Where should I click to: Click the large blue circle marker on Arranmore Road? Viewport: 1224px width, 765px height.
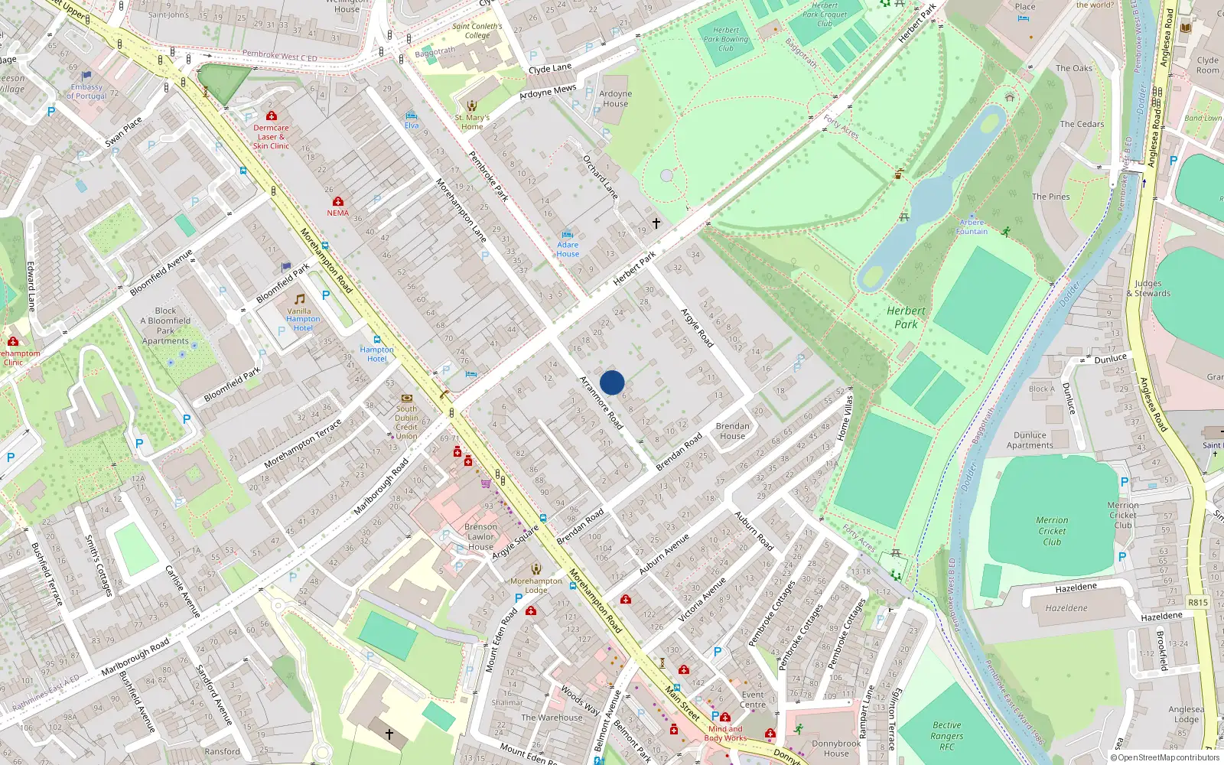[x=612, y=382]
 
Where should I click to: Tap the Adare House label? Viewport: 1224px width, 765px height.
[x=568, y=249]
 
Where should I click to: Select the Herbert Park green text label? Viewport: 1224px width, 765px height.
[x=906, y=317]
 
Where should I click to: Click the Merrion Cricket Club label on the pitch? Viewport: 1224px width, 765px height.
[x=1052, y=531]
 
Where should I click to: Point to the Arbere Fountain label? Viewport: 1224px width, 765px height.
[x=972, y=227]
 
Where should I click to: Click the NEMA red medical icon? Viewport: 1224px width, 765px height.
[x=337, y=201]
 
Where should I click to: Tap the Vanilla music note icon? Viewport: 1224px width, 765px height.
[x=300, y=299]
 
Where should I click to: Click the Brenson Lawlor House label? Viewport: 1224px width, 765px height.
[x=480, y=536]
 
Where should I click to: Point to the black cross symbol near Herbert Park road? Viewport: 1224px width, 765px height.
[x=656, y=223]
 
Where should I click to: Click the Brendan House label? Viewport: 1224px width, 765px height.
[x=732, y=431]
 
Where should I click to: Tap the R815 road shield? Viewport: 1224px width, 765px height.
[x=1197, y=602]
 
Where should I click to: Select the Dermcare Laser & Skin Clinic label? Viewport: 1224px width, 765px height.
[x=271, y=137]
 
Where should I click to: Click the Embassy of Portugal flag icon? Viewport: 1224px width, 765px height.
[x=86, y=76]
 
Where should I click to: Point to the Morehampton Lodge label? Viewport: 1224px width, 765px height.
[x=535, y=585]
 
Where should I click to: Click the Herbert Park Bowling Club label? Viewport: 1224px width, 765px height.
[x=726, y=39]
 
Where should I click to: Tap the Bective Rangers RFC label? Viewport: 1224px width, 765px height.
[x=947, y=736]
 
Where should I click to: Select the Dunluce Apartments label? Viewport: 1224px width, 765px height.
[x=1030, y=440]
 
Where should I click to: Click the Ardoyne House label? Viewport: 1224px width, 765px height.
[x=615, y=99]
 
